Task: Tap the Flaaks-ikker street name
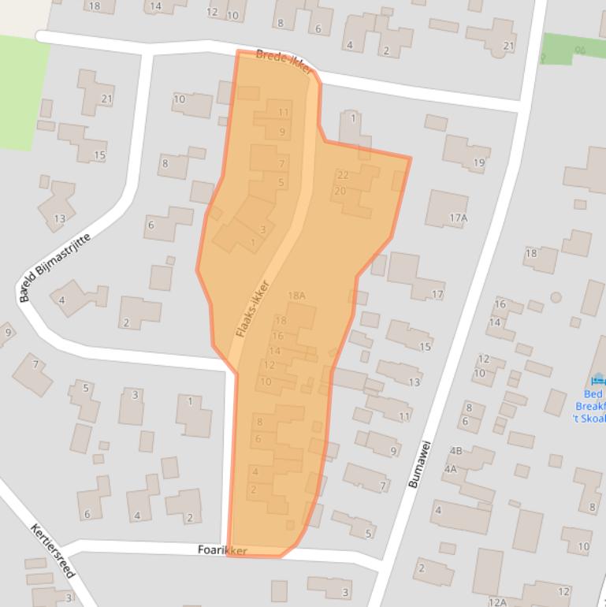[253, 310]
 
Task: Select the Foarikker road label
[223, 550]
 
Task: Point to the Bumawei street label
[418, 464]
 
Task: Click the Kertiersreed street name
[51, 551]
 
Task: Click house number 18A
[296, 296]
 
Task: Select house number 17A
[458, 218]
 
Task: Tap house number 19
[478, 163]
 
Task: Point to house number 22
[343, 175]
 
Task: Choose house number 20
[340, 191]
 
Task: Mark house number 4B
[455, 451]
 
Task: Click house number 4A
[450, 468]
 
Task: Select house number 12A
[497, 602]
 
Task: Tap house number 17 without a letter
[437, 295]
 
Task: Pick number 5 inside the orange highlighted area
[281, 183]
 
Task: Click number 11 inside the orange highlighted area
[283, 113]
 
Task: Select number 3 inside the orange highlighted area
[262, 229]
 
